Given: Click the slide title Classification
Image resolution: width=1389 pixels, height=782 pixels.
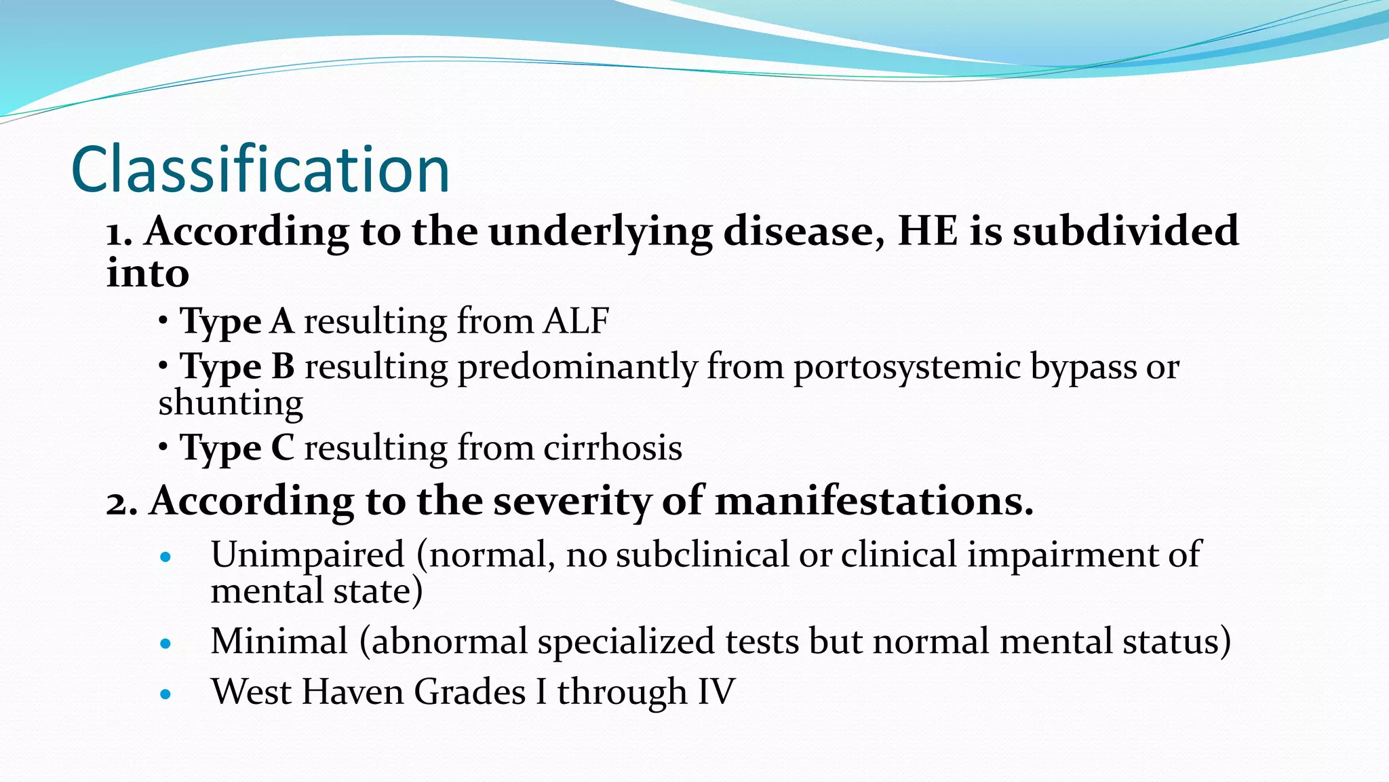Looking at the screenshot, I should point(260,170).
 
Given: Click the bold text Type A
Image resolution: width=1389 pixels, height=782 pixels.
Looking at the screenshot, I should point(237,321).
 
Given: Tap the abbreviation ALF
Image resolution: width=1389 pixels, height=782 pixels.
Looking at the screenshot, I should point(576,320).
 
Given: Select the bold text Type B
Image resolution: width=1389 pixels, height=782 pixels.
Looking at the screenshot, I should point(237,367).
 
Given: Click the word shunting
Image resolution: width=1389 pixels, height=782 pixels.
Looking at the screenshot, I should point(231,403).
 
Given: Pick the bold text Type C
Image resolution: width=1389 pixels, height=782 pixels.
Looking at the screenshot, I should point(237,448).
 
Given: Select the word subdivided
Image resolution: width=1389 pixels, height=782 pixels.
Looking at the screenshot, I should point(1126,231).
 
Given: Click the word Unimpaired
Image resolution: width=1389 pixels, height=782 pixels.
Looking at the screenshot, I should point(307,555).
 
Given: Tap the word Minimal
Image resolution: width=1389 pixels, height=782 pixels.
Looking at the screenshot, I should point(279,641).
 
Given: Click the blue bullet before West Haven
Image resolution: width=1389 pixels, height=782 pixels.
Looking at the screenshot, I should point(165,694).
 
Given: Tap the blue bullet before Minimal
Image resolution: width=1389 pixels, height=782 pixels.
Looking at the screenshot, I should point(165,644).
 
